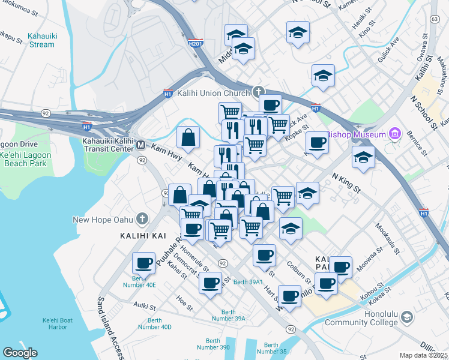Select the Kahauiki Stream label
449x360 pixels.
click(x=42, y=40)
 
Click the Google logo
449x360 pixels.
click(x=20, y=353)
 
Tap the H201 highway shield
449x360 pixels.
click(x=194, y=44)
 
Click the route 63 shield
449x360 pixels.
click(x=434, y=20)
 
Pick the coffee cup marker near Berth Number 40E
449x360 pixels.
click(x=144, y=263)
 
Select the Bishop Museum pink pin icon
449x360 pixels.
click(x=396, y=134)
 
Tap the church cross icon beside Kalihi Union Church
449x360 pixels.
click(x=259, y=92)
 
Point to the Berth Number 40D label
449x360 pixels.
click(x=154, y=323)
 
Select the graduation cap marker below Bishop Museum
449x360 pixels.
click(x=363, y=157)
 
